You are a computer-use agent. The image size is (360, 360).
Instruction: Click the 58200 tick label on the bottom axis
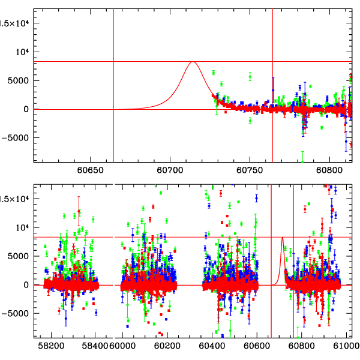coord(51,346)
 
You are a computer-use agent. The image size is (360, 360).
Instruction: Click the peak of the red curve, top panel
coord(193,62)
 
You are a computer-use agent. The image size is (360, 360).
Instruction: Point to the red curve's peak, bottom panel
coord(282,238)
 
